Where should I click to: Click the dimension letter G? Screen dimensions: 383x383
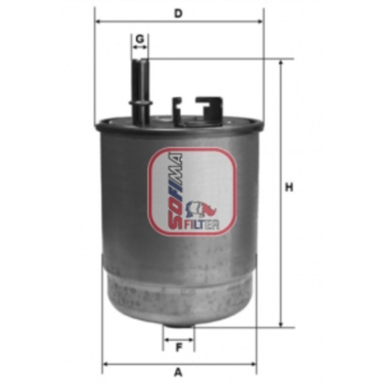pos(140,39)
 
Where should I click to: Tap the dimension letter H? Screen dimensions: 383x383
pos(289,187)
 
